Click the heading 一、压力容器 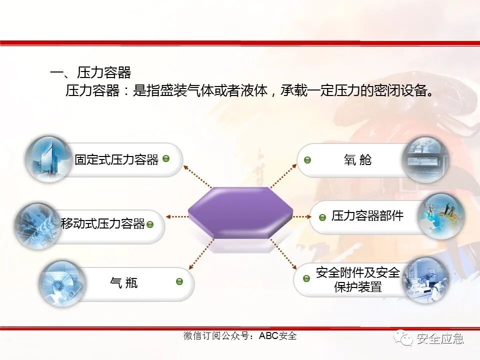[90, 73]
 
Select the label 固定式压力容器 [116, 159]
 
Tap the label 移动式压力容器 [102, 223]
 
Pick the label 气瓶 [123, 283]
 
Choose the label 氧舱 [357, 160]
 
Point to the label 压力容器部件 [367, 216]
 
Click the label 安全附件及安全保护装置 [358, 280]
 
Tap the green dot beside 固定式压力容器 [166, 158]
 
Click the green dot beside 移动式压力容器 [149, 224]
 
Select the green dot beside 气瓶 [179, 281]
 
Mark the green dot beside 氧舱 [307, 160]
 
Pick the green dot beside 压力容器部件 [322, 217]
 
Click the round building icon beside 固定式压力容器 [48, 158]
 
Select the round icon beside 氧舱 [425, 159]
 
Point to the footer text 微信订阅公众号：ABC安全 [240, 336]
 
